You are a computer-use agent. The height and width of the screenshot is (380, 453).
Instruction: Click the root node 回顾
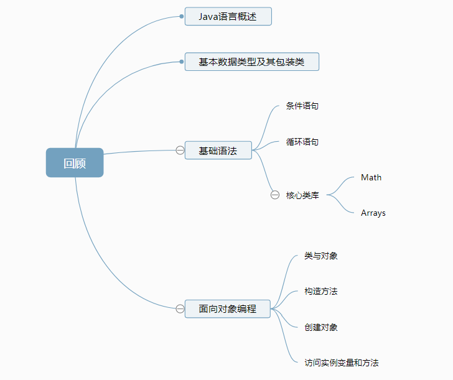pyautogui.click(x=75, y=163)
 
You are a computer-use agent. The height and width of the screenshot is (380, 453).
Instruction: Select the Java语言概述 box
pyautogui.click(x=228, y=17)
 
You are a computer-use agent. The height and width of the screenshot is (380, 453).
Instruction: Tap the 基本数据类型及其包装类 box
pyautogui.click(x=251, y=62)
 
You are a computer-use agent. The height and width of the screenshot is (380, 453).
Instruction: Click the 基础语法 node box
pyautogui.click(x=218, y=151)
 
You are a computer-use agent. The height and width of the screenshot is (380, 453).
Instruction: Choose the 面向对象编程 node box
pyautogui.click(x=228, y=308)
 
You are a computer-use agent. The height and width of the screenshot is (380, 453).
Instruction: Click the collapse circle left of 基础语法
pyautogui.click(x=180, y=151)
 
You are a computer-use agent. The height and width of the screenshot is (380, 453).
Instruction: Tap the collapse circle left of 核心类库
pyautogui.click(x=275, y=195)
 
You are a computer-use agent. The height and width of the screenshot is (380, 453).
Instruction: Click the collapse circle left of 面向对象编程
pyautogui.click(x=180, y=308)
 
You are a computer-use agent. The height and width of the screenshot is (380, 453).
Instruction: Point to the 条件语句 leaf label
pyautogui.click(x=302, y=106)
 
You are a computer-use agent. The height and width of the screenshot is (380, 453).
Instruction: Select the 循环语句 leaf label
pyautogui.click(x=302, y=142)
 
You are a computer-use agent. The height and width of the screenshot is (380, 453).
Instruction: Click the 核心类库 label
pyautogui.click(x=302, y=195)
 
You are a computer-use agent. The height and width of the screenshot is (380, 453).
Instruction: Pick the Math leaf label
pyautogui.click(x=371, y=177)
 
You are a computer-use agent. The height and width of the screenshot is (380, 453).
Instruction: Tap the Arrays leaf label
pyautogui.click(x=373, y=213)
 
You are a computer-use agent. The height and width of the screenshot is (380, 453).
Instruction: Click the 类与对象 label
pyautogui.click(x=321, y=256)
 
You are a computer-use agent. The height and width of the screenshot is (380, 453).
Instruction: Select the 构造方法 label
pyautogui.click(x=321, y=291)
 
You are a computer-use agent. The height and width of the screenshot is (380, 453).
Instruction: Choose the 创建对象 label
pyautogui.click(x=321, y=327)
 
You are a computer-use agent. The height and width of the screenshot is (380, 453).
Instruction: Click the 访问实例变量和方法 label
pyautogui.click(x=342, y=363)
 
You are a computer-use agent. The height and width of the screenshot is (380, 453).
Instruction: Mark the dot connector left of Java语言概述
pyautogui.click(x=182, y=17)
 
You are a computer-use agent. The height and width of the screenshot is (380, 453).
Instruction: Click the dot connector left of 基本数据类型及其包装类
pyautogui.click(x=182, y=62)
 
